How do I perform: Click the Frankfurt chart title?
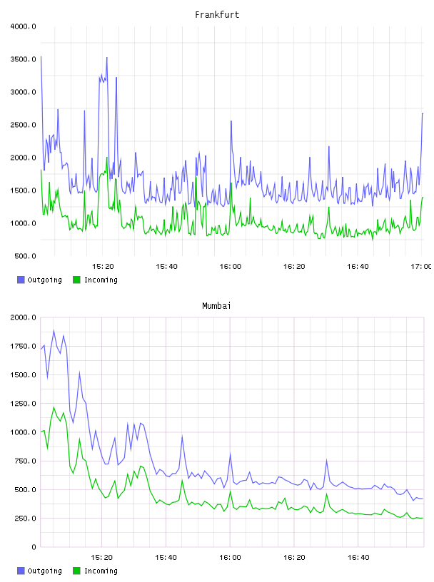click(x=217, y=14)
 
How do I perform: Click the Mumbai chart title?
click(x=216, y=305)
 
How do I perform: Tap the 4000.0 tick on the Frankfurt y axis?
click(x=23, y=26)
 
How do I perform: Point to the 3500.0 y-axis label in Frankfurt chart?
click(x=23, y=59)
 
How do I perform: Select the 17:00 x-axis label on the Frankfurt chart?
click(x=420, y=266)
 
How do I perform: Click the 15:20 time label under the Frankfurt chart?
click(x=103, y=266)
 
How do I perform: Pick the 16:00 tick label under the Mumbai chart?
click(x=230, y=557)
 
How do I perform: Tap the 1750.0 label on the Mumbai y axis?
click(x=23, y=346)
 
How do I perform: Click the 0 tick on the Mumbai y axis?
click(x=34, y=547)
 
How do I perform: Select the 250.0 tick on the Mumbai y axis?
click(x=25, y=518)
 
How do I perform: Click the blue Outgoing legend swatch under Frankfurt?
click(x=21, y=280)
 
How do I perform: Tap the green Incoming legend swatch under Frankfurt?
click(x=76, y=280)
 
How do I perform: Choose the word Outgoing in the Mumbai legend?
click(x=44, y=571)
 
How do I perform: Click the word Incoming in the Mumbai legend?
click(x=101, y=571)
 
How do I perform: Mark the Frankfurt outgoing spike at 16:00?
click(x=231, y=121)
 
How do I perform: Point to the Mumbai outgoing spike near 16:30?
click(x=327, y=461)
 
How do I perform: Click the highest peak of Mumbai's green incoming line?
click(x=54, y=407)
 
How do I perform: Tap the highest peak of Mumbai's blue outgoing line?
click(x=54, y=331)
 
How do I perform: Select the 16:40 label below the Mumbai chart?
click(x=358, y=557)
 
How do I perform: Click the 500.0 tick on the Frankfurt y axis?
click(x=25, y=256)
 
